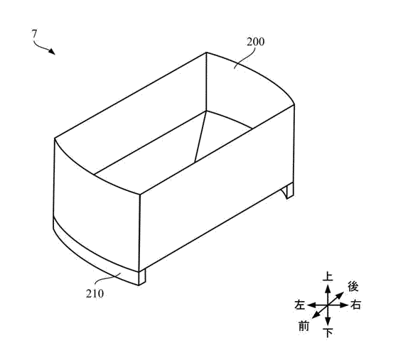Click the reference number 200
coord(255,42)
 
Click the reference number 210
coord(95,293)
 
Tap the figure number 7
coord(34,33)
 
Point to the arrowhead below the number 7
coord(52,51)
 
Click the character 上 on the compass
coord(328,276)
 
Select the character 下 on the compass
coord(328,333)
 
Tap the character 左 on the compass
coord(300,305)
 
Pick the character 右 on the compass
coord(356,305)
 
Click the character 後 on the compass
coord(353,286)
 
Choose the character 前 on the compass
coord(303,326)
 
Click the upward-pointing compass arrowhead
coord(328,289)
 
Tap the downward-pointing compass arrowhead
coord(328,321)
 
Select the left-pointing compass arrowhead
coord(312,305)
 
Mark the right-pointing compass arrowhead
coord(343,305)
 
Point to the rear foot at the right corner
coord(288,190)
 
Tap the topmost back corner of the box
coord(206,53)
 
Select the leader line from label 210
coord(108,278)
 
